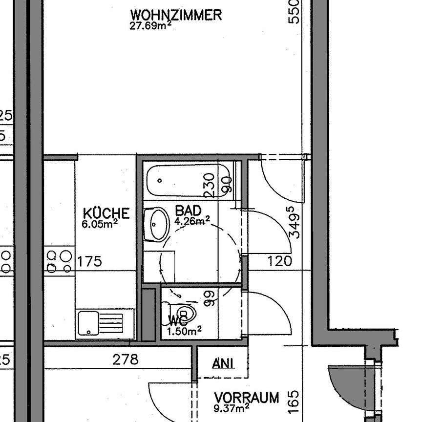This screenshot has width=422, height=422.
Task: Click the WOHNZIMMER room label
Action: [176, 15]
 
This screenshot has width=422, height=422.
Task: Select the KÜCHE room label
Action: [106, 213]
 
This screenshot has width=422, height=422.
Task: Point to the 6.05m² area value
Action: [100, 224]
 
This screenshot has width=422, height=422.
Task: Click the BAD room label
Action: [188, 211]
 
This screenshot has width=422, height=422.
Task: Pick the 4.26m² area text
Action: [192, 221]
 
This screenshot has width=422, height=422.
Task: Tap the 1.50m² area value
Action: [185, 332]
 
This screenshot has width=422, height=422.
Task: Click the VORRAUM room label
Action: [247, 397]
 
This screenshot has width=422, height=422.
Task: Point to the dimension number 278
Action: [126, 360]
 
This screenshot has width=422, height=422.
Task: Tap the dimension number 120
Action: [280, 261]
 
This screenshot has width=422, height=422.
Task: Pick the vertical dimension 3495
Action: [294, 223]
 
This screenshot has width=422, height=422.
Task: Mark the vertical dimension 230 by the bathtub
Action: [211, 185]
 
